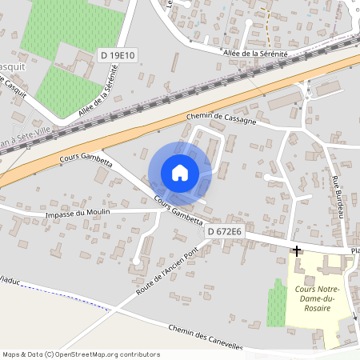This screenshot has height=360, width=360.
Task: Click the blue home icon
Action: coord(180,173)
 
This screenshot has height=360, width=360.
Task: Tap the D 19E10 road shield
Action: coord(118,54)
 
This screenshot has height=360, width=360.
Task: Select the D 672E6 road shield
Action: coord(225,231)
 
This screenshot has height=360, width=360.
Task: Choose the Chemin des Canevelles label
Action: coord(205,337)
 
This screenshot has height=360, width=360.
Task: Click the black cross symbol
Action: coord(297,251)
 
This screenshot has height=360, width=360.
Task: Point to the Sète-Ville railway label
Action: coord(26,140)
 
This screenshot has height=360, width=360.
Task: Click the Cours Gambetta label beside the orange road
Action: coord(86,158)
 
